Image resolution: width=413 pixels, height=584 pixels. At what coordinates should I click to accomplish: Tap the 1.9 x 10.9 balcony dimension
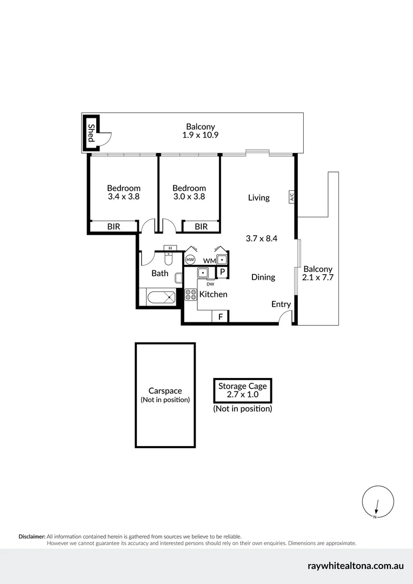(200, 135)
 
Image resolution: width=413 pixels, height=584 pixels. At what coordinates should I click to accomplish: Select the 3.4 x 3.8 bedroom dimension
(124, 197)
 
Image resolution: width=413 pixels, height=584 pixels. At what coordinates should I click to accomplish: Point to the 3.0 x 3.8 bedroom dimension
(189, 197)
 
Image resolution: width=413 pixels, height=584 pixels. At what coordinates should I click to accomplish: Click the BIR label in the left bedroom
(114, 227)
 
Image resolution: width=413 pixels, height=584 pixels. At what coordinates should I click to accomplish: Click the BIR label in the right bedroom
(201, 227)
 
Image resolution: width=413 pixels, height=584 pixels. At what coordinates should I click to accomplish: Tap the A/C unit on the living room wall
(291, 197)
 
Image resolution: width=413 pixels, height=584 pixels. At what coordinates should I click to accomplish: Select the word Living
(258, 197)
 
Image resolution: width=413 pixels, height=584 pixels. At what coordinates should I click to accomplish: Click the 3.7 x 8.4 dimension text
(261, 238)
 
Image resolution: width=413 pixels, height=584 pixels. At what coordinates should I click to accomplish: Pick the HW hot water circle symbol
(190, 260)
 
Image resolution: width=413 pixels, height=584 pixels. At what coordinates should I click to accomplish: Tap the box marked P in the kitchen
(222, 273)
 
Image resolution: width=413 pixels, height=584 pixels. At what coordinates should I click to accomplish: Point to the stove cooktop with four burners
(191, 295)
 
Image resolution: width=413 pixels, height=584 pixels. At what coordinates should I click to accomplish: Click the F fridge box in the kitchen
(220, 316)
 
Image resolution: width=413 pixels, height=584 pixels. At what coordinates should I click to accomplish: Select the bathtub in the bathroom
(158, 296)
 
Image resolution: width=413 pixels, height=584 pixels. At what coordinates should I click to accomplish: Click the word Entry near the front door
(281, 304)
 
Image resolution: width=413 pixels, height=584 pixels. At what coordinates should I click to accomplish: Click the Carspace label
(165, 391)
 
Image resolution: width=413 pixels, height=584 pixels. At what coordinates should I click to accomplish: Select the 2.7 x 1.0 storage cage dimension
(242, 395)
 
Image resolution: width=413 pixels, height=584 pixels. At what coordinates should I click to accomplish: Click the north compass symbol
(377, 501)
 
